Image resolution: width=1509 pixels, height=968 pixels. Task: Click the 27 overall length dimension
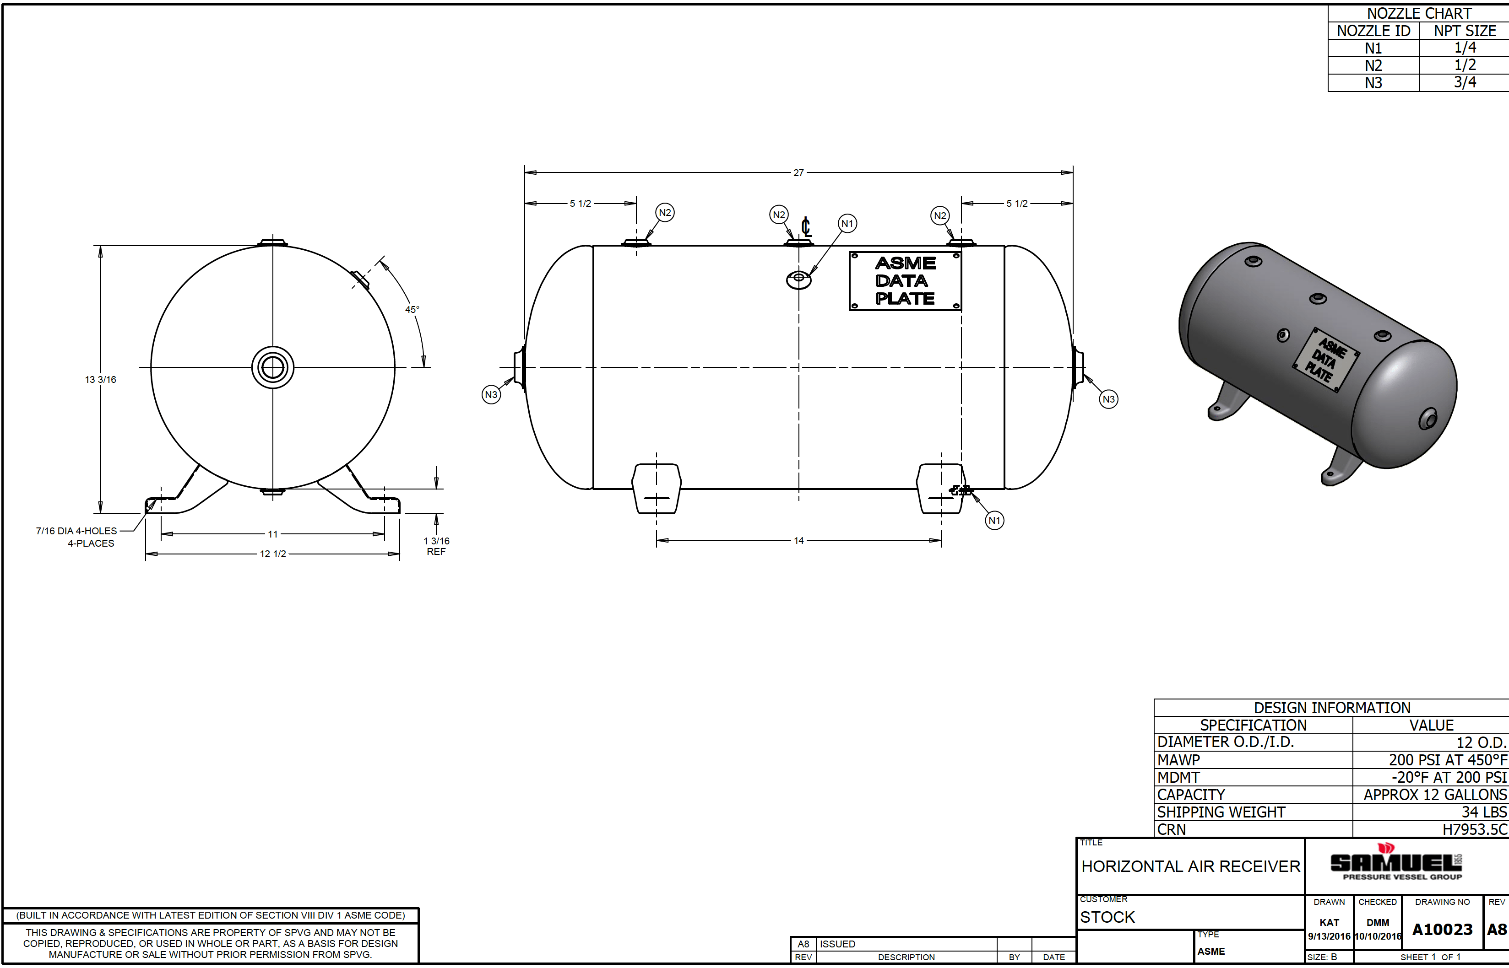coord(798,172)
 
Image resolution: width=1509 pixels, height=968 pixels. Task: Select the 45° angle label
coord(412,309)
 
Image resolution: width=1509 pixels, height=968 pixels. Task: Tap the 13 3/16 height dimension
coord(101,379)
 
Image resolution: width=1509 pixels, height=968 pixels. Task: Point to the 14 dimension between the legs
coord(799,541)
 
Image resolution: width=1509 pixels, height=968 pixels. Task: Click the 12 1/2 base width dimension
coord(273,554)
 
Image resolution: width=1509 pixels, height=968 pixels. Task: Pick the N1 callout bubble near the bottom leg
coord(994,521)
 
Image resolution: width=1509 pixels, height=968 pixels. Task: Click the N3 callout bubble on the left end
coord(491,395)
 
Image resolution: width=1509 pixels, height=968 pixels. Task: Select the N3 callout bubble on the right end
coord(1108,399)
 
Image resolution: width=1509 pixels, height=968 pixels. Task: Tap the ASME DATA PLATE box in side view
coord(905,281)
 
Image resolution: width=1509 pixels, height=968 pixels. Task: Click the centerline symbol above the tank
coord(806,226)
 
